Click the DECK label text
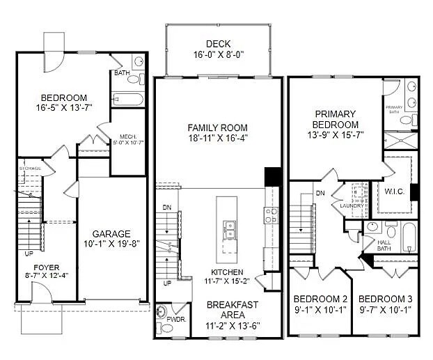click(218, 43)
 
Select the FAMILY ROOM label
click(218, 127)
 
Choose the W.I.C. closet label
click(395, 191)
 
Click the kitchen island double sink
click(228, 228)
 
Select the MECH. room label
click(127, 136)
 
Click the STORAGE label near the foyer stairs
click(30, 169)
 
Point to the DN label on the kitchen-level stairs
click(166, 207)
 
